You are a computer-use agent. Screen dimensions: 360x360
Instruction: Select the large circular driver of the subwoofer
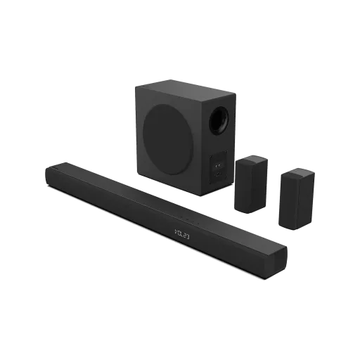pos(168,134)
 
